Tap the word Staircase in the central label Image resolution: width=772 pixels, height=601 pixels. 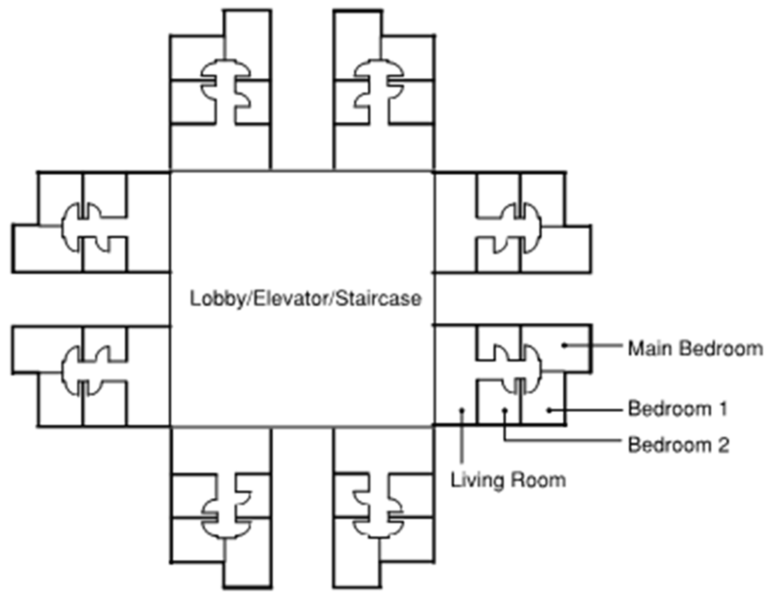(378, 299)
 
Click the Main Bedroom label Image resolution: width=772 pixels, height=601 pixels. (695, 349)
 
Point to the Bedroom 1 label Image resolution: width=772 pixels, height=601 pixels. (678, 409)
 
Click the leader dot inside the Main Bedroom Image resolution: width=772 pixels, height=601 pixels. (564, 345)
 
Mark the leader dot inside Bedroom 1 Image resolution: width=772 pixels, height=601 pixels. (549, 410)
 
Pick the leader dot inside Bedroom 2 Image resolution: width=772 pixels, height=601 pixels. (505, 410)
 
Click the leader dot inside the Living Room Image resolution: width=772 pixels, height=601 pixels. (461, 410)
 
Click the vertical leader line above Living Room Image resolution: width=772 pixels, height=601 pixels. (461, 437)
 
